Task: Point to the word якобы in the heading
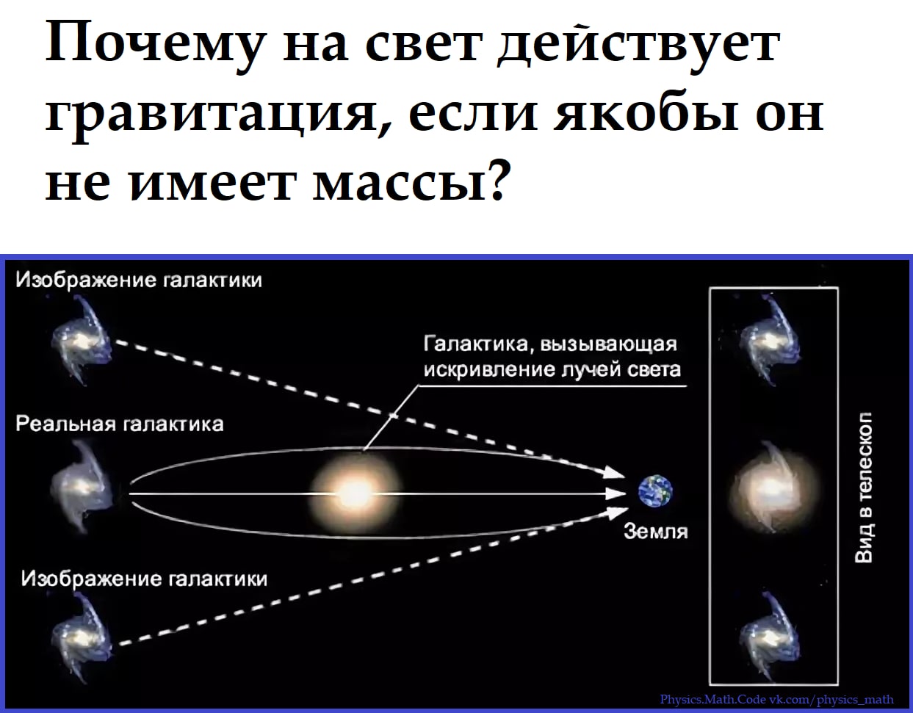(x=646, y=112)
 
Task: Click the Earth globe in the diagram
(x=655, y=491)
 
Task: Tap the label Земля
(x=656, y=532)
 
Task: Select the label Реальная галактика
(x=120, y=424)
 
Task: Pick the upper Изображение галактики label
(x=139, y=280)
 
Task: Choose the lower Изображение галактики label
(x=144, y=579)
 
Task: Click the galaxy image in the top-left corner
(x=81, y=340)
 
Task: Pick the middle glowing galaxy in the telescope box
(x=773, y=488)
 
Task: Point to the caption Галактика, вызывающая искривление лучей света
(x=552, y=357)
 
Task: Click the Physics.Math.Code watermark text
(x=776, y=699)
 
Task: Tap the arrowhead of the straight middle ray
(x=616, y=494)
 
